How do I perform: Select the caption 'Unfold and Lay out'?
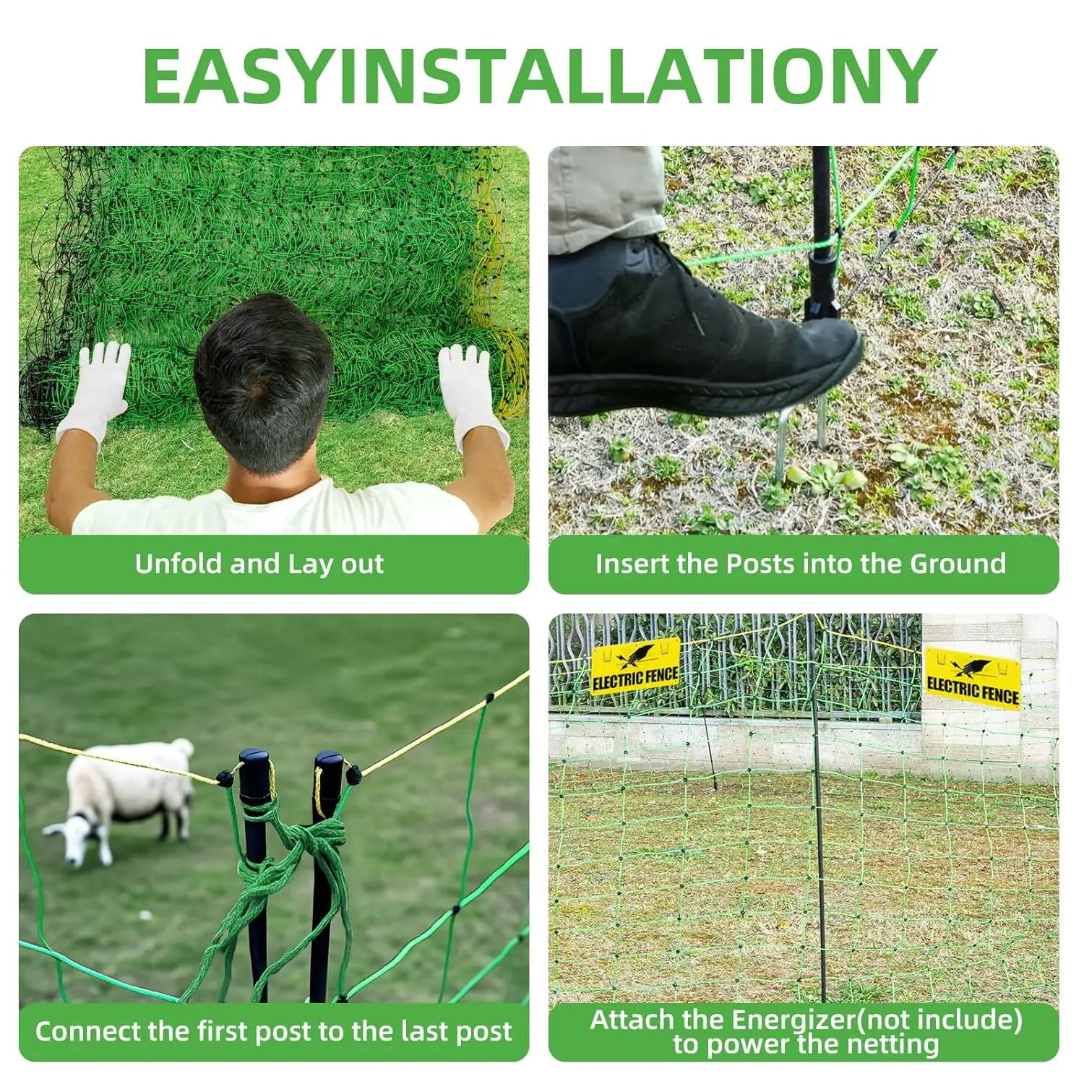[x=259, y=564]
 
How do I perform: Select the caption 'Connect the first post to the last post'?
[x=273, y=1031]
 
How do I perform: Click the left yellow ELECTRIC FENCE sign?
[x=635, y=668]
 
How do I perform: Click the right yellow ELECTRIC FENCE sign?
[x=972, y=679]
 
